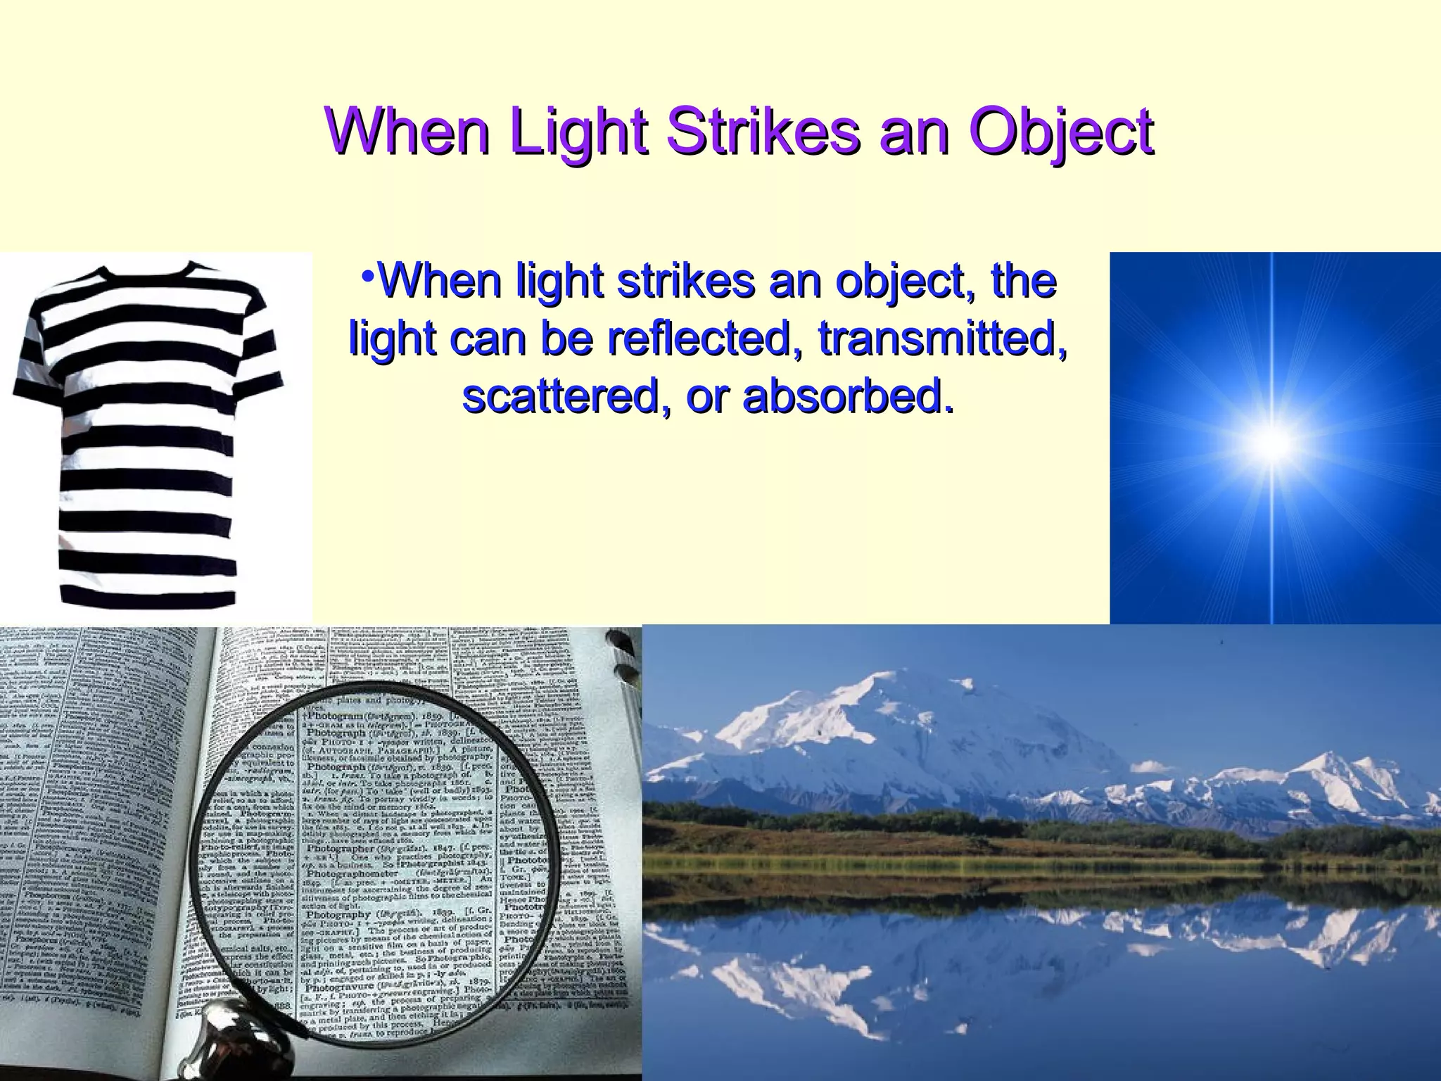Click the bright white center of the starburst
click(1272, 445)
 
